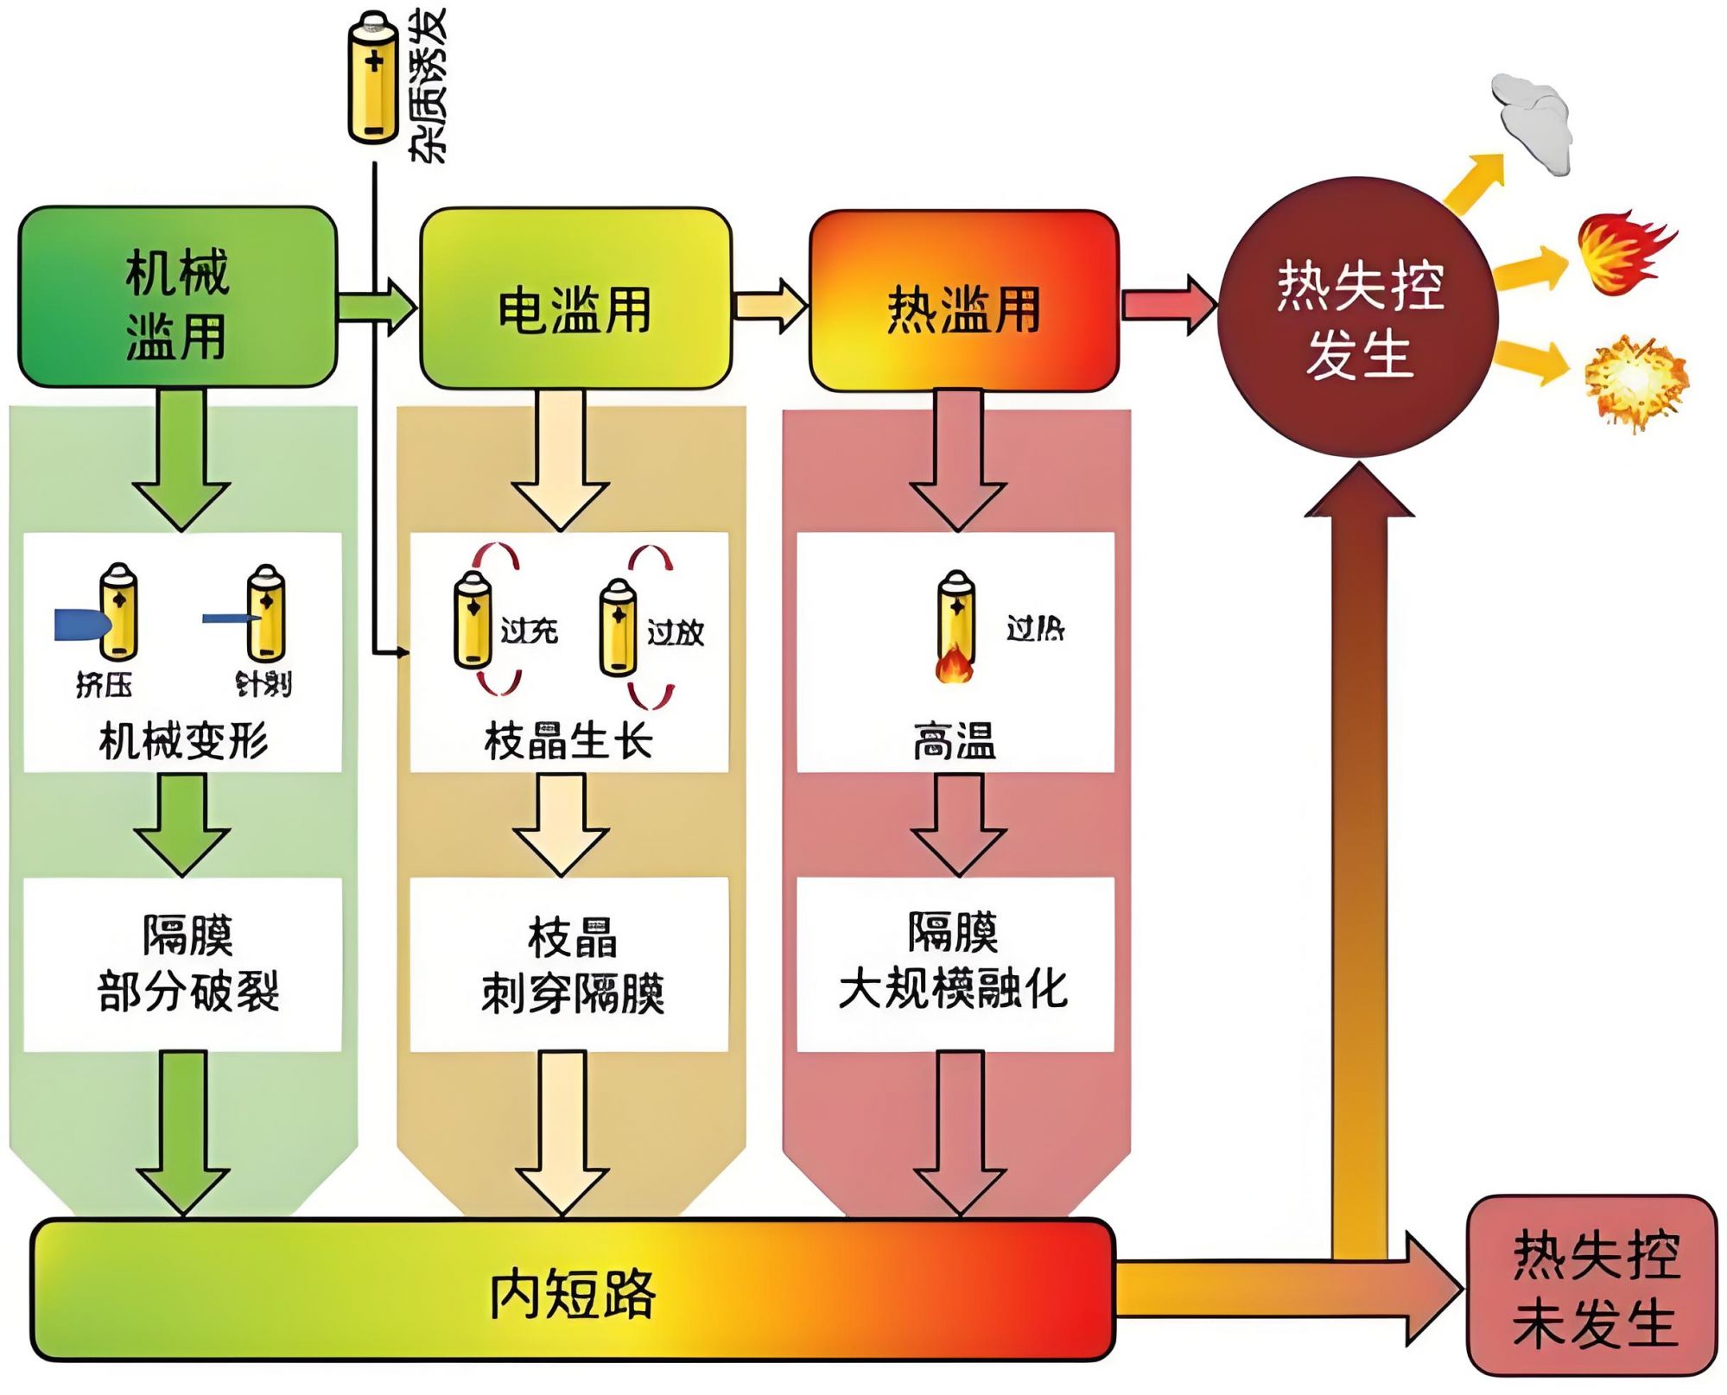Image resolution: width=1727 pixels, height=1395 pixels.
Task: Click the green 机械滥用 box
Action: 177,298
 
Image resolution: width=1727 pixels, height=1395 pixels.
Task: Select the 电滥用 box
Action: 575,300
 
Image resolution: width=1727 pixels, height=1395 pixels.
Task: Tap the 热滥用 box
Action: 963,302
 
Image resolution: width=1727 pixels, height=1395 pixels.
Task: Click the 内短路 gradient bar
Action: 572,1290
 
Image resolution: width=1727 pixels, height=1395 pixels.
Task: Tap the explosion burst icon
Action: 1635,382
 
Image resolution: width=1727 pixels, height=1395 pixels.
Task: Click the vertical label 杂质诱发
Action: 428,84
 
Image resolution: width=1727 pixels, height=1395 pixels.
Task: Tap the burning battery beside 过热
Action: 956,626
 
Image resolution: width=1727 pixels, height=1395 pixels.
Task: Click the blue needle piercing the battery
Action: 230,618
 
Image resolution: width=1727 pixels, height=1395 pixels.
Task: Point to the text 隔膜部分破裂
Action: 187,964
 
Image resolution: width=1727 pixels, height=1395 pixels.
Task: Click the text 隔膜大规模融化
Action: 954,962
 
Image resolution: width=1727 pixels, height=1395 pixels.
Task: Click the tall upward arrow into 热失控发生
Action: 1359,864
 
